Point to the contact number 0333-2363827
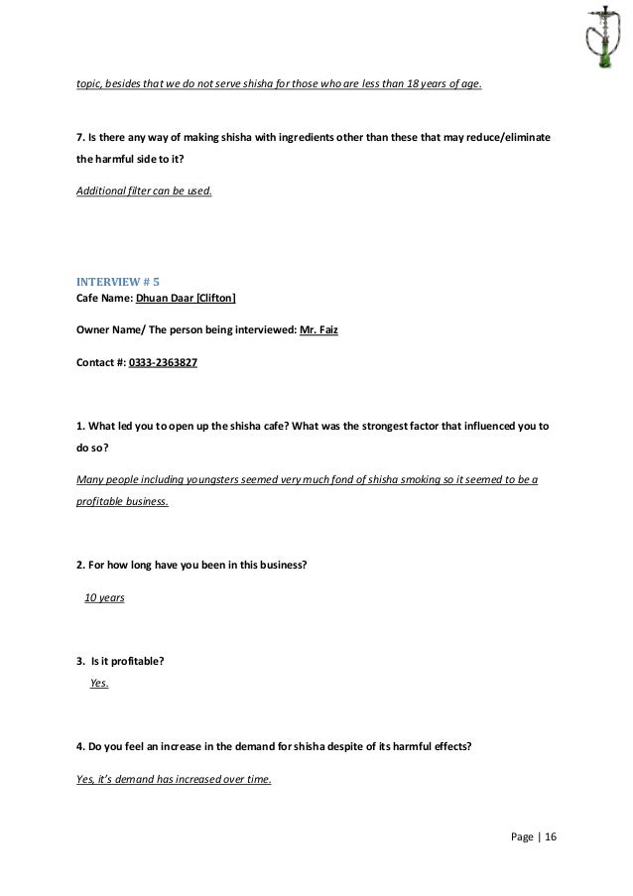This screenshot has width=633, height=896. pyautogui.click(x=163, y=363)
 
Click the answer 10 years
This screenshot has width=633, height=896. pyautogui.click(x=104, y=598)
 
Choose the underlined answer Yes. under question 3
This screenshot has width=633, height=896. pyautogui.click(x=99, y=683)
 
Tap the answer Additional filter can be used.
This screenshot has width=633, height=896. pyautogui.click(x=144, y=190)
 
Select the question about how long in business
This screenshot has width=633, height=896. pyautogui.click(x=191, y=566)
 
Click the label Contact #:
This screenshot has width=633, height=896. pyautogui.click(x=101, y=363)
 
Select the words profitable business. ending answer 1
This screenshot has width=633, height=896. pyautogui.click(x=122, y=501)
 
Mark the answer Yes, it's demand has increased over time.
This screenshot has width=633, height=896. pyautogui.click(x=174, y=779)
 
